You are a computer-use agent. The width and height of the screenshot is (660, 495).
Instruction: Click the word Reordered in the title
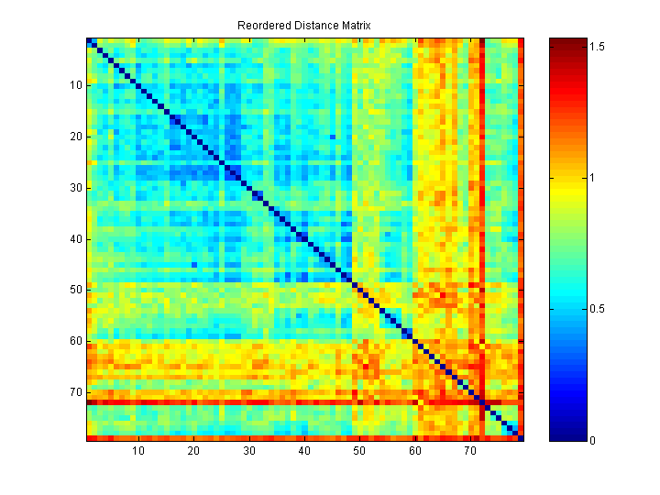coord(261,26)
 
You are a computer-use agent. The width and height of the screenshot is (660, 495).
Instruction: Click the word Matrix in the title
coord(355,26)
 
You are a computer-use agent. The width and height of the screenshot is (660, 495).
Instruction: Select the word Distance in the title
coord(312,26)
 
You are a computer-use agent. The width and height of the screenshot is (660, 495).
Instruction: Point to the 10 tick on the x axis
coord(138,451)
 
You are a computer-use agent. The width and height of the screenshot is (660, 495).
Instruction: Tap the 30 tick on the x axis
coord(249,451)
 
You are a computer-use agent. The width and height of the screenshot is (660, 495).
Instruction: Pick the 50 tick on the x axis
coord(359,451)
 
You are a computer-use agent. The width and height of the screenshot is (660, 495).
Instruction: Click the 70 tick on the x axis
coord(470,451)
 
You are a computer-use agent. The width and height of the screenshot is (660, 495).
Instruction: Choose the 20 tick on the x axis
coord(194,451)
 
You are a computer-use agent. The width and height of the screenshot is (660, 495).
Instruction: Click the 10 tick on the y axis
coord(75,85)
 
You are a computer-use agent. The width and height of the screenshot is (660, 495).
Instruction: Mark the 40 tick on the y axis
coord(75,238)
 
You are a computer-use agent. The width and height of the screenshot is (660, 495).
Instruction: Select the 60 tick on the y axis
coord(75,341)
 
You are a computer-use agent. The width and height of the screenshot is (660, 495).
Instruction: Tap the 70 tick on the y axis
coord(75,392)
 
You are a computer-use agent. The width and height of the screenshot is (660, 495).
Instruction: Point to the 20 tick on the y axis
coord(75,137)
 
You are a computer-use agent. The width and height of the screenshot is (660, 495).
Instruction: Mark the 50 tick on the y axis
coord(75,290)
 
